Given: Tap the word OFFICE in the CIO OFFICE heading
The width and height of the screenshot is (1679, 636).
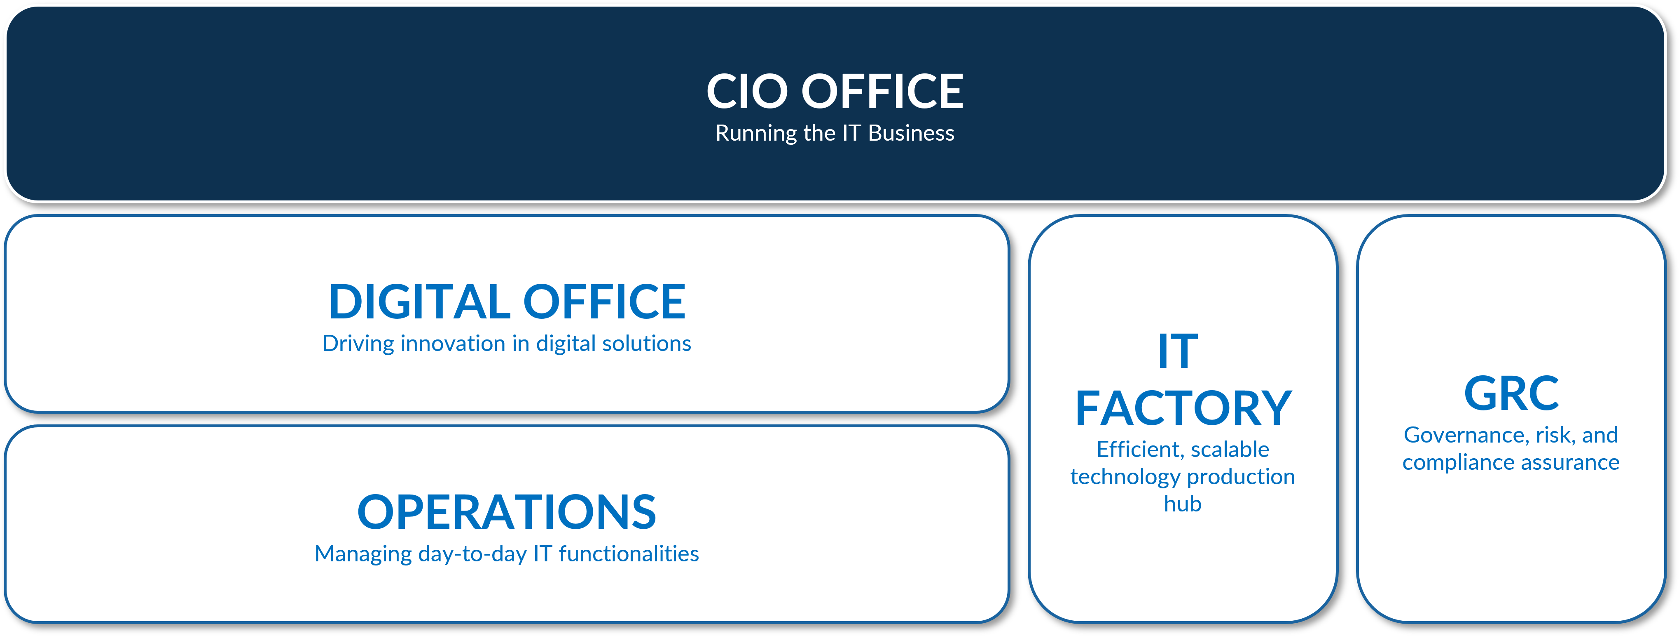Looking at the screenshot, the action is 882,91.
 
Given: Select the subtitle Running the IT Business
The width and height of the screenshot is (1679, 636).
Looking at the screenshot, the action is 835,133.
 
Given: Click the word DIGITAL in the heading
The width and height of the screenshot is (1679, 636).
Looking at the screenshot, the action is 419,302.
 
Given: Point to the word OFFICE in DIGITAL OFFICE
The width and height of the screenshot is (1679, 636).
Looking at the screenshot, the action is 604,302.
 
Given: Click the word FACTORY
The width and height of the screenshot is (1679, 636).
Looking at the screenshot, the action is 1183,408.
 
